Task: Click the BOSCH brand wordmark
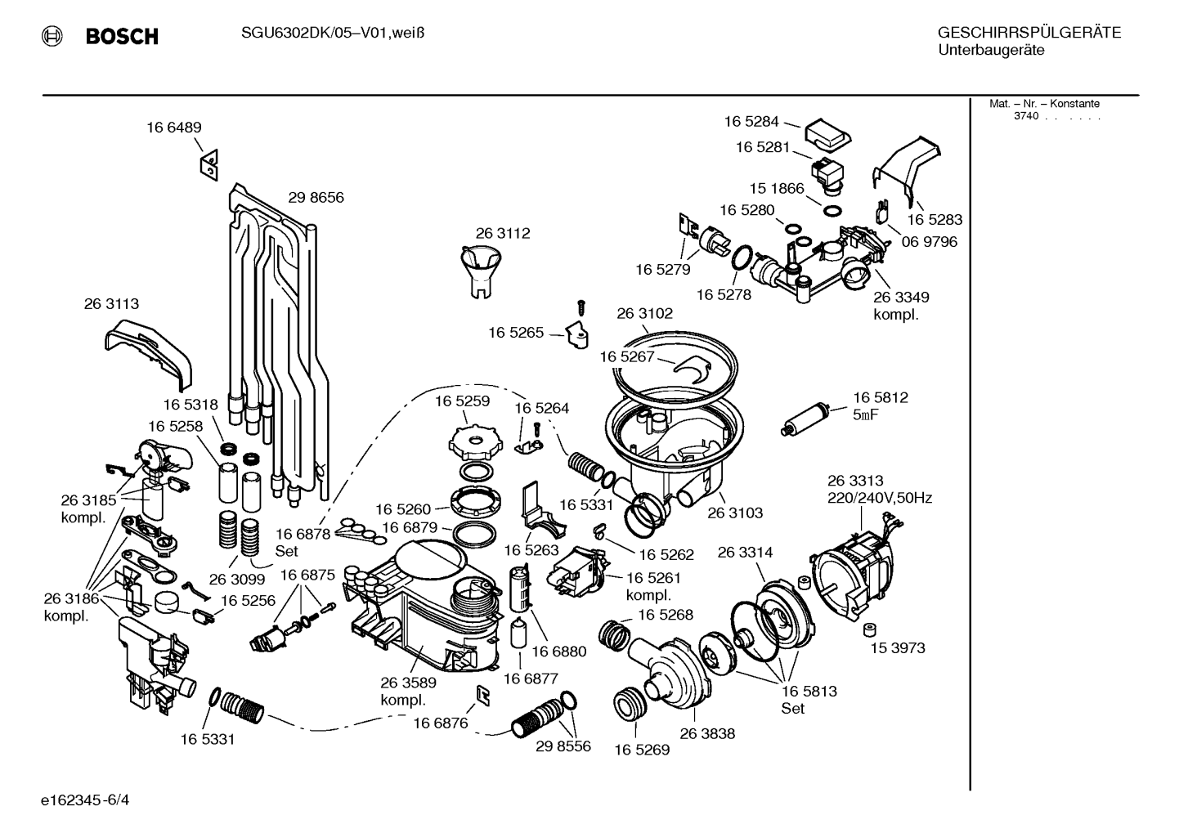point(122,36)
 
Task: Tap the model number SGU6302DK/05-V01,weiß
point(333,34)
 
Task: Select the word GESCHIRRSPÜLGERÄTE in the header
point(1029,33)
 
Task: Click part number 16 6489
point(173,128)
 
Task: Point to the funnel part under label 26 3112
point(481,271)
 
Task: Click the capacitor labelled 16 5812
point(806,419)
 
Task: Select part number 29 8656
point(316,197)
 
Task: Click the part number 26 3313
point(855,481)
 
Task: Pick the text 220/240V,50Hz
point(880,498)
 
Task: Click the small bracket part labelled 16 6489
point(209,165)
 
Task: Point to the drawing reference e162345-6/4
point(85,800)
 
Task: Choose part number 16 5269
point(642,750)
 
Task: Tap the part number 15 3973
point(898,647)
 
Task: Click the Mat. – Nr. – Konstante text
point(1044,104)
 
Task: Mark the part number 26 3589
point(409,683)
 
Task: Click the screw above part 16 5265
point(581,307)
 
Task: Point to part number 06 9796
point(930,241)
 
